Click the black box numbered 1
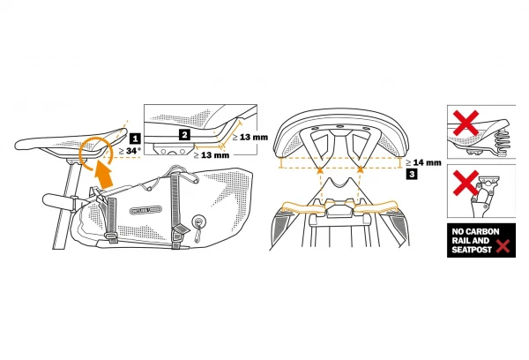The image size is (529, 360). [x=134, y=139]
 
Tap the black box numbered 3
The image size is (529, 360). [x=413, y=175]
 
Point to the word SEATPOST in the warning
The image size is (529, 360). [x=473, y=250]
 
